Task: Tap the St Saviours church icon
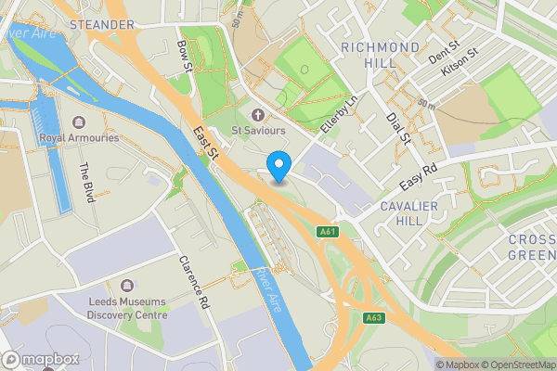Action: click(257, 114)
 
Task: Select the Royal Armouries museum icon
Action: click(79, 122)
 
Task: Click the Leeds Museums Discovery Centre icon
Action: click(128, 285)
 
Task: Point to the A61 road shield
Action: click(326, 231)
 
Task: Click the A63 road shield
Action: click(374, 318)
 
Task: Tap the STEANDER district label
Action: click(101, 24)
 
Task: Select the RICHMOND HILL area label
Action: click(381, 54)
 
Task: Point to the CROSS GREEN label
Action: click(532, 247)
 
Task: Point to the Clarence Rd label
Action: click(195, 283)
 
